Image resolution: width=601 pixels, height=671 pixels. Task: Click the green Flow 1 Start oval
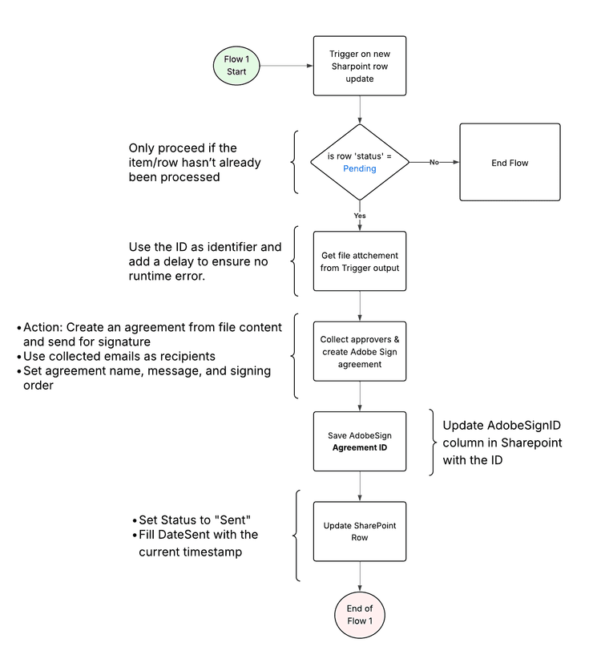236,66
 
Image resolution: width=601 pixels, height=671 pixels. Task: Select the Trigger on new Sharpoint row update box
359,66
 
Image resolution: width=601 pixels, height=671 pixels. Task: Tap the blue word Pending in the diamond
359,168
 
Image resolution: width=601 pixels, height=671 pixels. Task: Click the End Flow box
510,162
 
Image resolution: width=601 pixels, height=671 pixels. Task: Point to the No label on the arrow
434,162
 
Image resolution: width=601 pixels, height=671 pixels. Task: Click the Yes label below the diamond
359,216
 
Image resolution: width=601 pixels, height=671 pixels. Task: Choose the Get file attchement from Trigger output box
359,261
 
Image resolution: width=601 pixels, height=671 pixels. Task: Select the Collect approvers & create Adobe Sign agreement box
359,351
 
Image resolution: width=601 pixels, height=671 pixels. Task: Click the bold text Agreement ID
359,447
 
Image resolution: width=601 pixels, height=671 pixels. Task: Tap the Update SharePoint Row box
359,532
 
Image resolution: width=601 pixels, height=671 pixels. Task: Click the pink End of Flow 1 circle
359,615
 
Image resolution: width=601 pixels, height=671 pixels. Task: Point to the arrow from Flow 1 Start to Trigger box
286,66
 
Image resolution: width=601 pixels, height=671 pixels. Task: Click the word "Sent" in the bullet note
232,520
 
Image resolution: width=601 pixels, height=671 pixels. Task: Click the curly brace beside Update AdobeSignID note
433,442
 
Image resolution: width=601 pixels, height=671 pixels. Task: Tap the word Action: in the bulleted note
43,327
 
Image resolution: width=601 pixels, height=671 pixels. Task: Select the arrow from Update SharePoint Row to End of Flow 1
359,576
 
